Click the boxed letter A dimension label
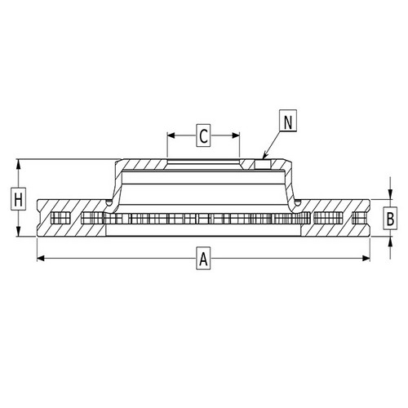click(203, 258)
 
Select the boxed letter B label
click(390, 218)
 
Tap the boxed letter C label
click(203, 135)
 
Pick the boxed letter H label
click(18, 199)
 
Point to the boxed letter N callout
click(288, 121)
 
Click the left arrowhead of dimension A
click(40, 258)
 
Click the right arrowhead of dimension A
click(366, 258)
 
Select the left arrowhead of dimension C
click(171, 135)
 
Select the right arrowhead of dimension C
click(236, 135)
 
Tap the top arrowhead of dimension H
click(18, 163)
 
